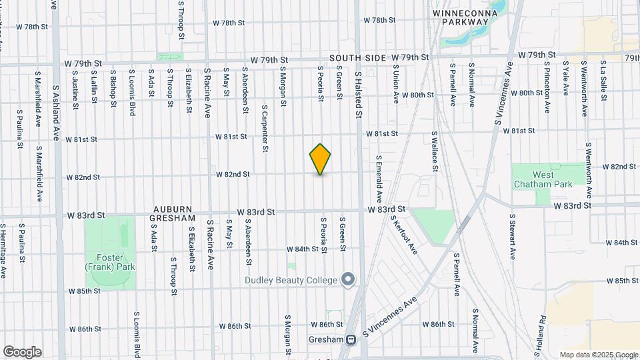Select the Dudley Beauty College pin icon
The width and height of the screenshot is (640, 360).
(347, 279)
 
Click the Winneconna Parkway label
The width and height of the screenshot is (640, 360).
(461, 17)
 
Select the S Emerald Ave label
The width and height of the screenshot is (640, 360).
(378, 179)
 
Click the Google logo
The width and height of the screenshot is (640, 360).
(22, 352)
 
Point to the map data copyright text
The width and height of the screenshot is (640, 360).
(599, 355)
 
